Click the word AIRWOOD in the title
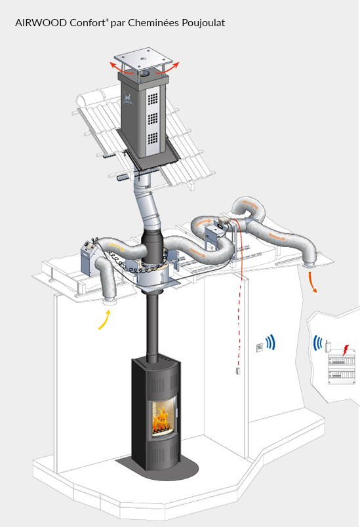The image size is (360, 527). tap(41, 23)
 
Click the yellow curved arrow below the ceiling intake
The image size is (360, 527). tap(104, 320)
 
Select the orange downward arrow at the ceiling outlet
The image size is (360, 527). tap(312, 283)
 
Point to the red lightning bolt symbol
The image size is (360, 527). tap(345, 350)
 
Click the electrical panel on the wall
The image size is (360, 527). tap(341, 367)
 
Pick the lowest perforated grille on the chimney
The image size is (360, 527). tap(153, 138)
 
